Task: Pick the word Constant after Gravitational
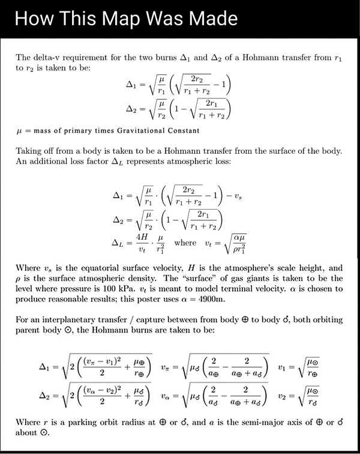point(184,131)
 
